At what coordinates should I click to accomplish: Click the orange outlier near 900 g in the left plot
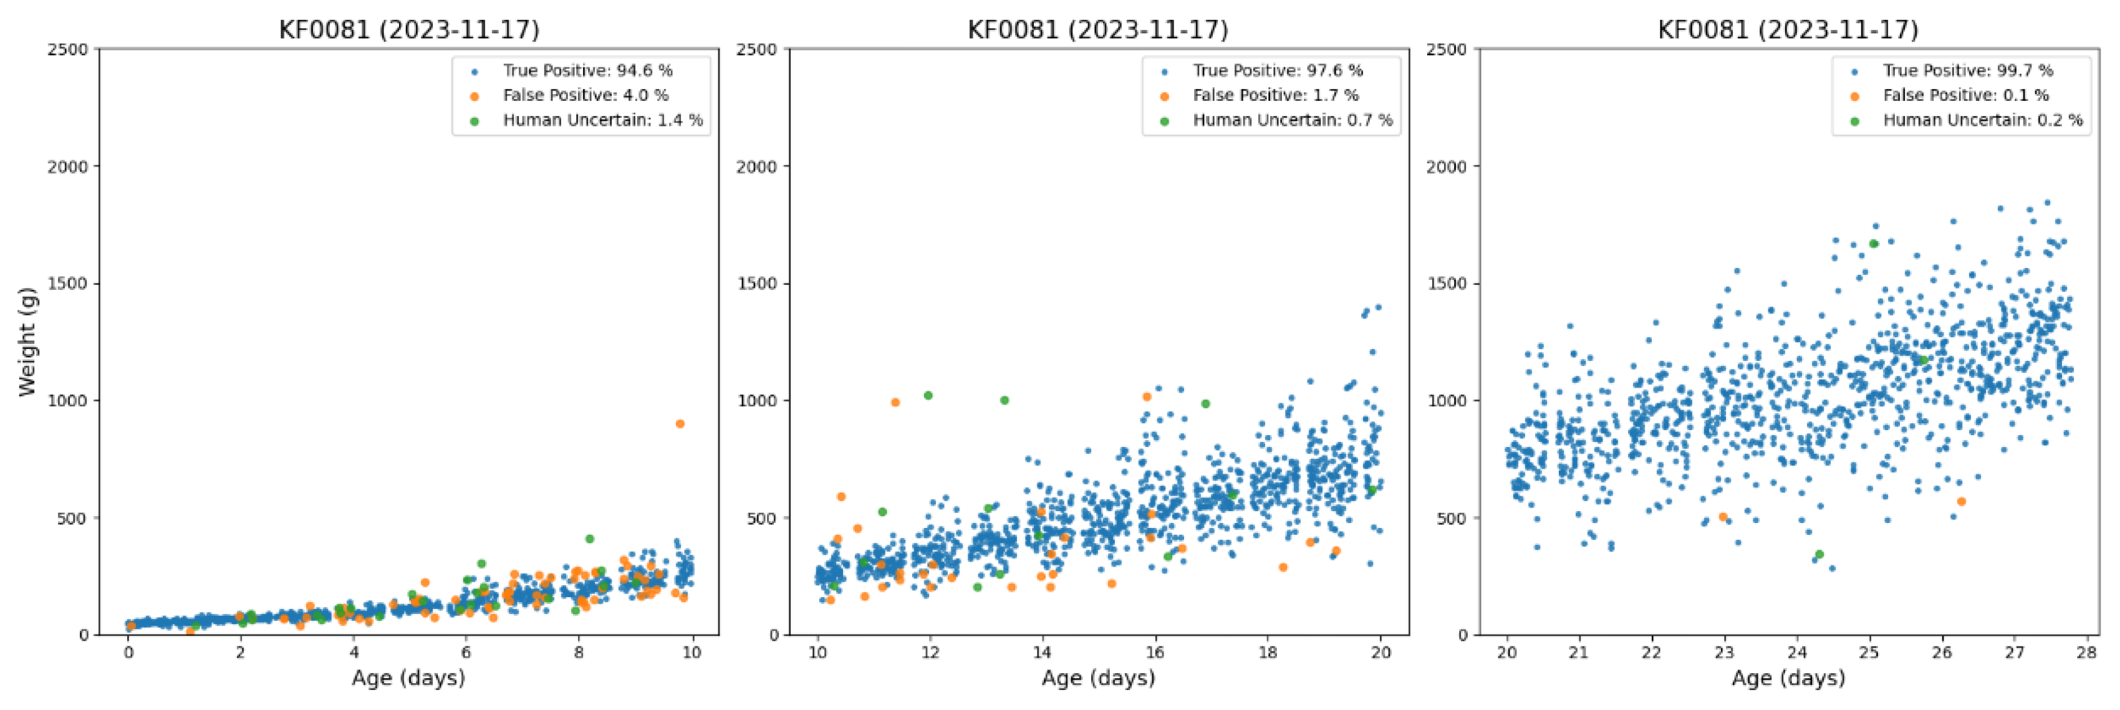click(680, 424)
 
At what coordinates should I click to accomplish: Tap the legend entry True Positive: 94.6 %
click(587, 71)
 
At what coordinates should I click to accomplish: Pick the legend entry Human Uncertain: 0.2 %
click(1982, 120)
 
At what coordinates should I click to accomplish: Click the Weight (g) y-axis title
click(27, 342)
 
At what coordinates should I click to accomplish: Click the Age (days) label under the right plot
click(1788, 678)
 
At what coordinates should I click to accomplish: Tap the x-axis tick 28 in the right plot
click(2086, 653)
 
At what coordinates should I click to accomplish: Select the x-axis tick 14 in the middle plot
click(1042, 653)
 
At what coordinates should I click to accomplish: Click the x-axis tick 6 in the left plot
click(466, 653)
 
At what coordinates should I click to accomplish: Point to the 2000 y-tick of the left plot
click(67, 166)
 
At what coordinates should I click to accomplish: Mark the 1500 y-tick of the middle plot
click(756, 284)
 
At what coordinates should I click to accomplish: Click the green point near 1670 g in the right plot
click(1873, 244)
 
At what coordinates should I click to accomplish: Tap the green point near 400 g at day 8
click(589, 539)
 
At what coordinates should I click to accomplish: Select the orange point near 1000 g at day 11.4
click(895, 402)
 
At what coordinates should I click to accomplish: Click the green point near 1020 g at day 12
click(928, 396)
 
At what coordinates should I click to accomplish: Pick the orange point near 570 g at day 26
click(1961, 502)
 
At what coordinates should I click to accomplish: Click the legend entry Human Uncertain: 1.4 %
click(602, 120)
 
